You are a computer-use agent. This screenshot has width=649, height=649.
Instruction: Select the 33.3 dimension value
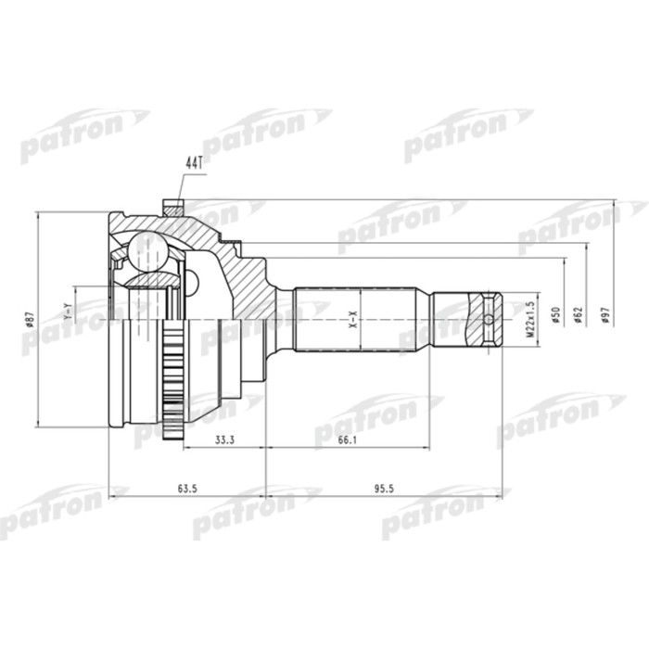223,440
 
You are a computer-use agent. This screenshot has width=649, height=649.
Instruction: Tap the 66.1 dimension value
345,440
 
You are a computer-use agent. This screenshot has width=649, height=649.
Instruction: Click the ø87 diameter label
29,320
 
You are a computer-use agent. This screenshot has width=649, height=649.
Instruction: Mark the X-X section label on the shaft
352,320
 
